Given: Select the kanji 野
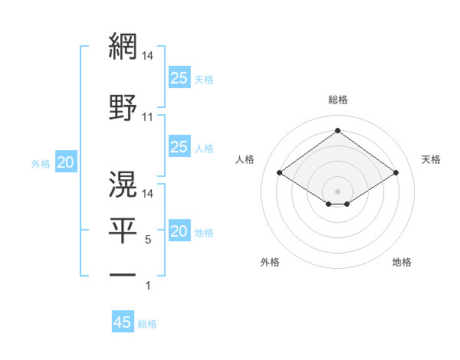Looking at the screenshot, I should coord(123,107).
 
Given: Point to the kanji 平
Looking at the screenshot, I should coord(123,229).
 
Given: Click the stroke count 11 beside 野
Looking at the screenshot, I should coord(147,117).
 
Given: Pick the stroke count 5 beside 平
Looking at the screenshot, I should coord(148,240).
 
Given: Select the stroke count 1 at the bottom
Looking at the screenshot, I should coord(148,286).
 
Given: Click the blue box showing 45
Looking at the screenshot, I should coord(123,322).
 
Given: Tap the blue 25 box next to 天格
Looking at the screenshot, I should coord(179,78).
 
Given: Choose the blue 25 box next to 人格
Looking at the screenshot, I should coord(179,147).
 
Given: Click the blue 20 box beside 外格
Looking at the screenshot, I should coord(66,162).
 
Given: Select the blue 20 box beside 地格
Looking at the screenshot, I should coord(179,232).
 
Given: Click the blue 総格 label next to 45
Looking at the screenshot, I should coord(147,324).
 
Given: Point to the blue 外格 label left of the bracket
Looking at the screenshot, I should coord(41,163).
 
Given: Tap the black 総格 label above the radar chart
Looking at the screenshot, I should coord(337,100).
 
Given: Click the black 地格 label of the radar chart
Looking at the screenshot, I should coord(402,262).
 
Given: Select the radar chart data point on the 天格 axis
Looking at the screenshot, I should coord(396,173).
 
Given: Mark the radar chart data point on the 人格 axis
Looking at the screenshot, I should coord(280,173).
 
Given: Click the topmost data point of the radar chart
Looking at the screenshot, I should coord(337,131).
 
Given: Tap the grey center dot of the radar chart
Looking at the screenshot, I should coord(337,190).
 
